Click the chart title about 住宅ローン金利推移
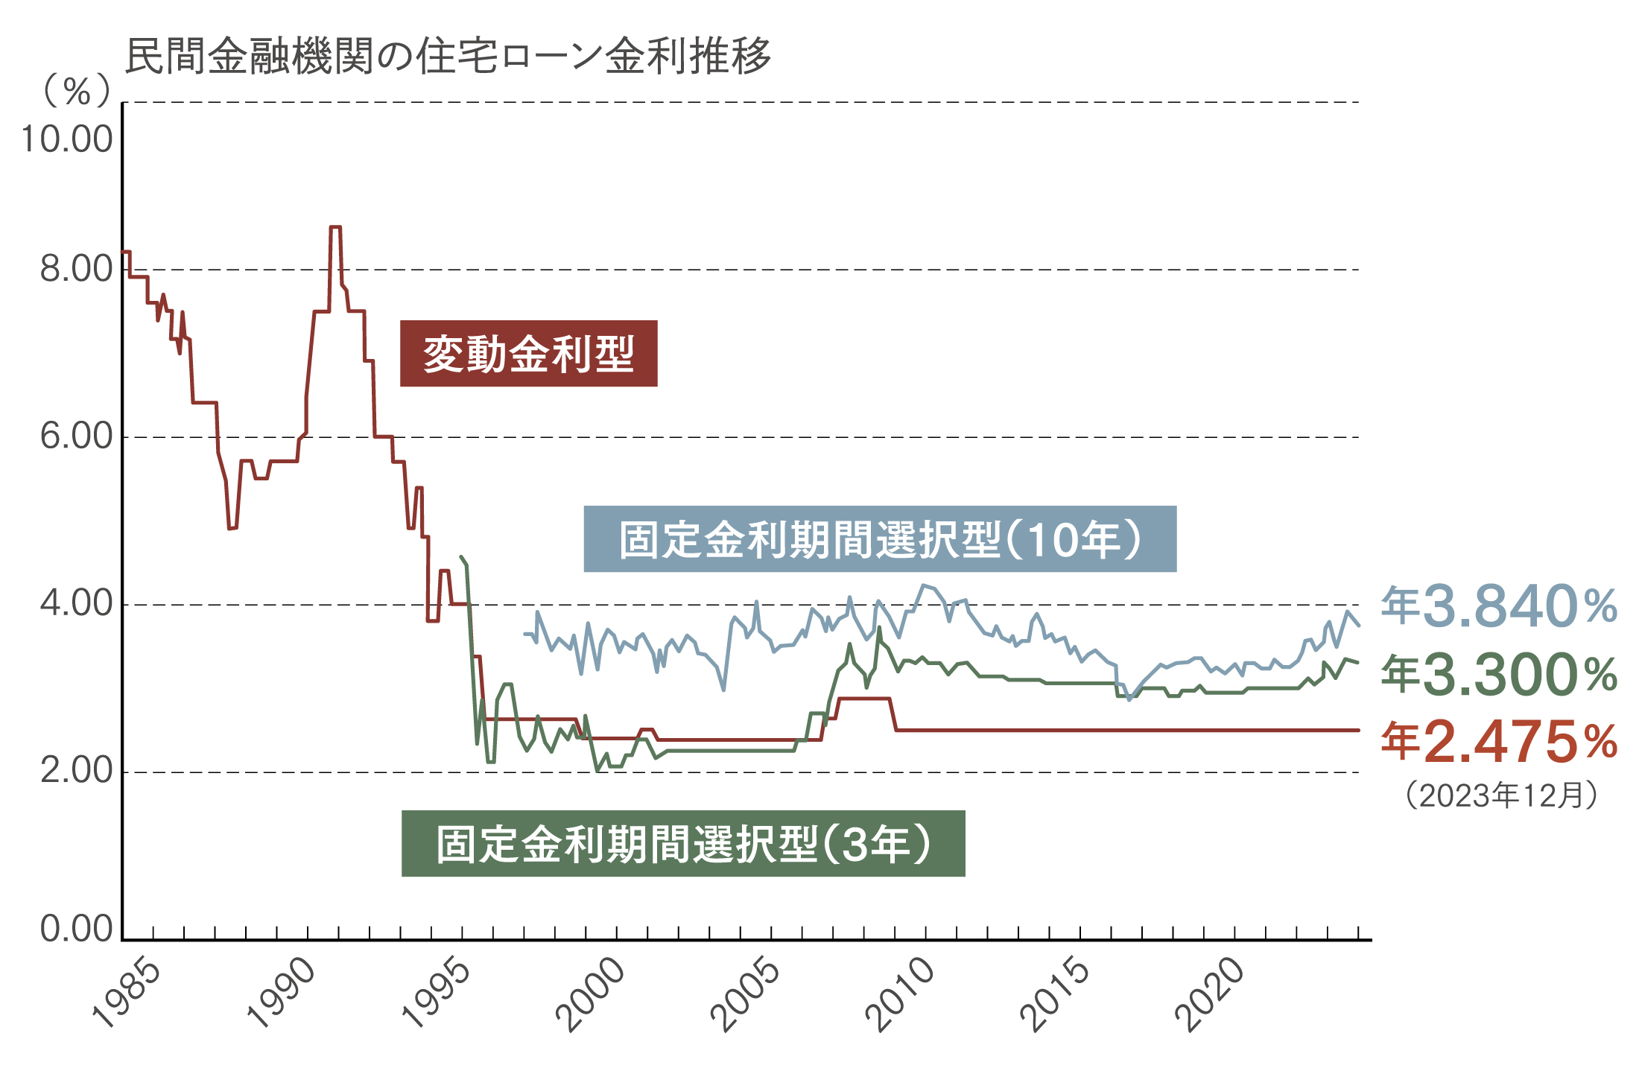[447, 56]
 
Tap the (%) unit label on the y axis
[77, 91]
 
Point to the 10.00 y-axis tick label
[67, 139]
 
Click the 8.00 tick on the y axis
[76, 269]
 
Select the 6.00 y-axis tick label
[76, 436]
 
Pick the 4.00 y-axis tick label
[76, 603]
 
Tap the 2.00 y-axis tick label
[76, 771]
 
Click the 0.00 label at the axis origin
[76, 929]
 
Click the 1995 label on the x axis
[437, 994]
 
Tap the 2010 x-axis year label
[901, 994]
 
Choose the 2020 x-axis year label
[1211, 994]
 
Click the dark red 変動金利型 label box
[528, 354]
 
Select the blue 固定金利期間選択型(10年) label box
[879, 539]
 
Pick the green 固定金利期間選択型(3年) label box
[682, 843]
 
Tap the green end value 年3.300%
[1498, 675]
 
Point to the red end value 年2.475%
[1498, 742]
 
